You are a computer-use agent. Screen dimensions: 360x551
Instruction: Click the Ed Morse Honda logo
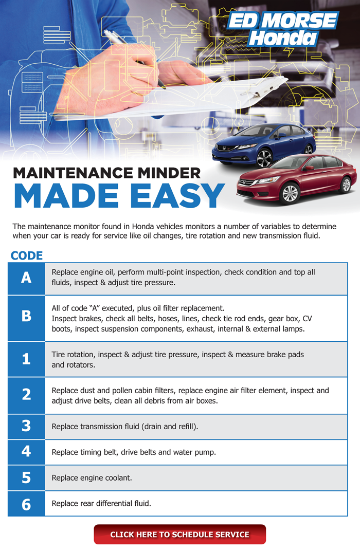pyautogui.click(x=283, y=29)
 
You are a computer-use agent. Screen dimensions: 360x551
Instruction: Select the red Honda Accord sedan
pyautogui.click(x=296, y=179)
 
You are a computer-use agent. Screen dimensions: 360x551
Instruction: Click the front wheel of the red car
pyautogui.click(x=290, y=193)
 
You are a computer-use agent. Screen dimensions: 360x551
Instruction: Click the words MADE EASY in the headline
pyautogui.click(x=119, y=196)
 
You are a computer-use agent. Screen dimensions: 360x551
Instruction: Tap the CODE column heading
pyautogui.click(x=27, y=255)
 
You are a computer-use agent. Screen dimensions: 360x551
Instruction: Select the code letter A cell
pyautogui.click(x=26, y=278)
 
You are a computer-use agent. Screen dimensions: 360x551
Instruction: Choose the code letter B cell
pyautogui.click(x=26, y=318)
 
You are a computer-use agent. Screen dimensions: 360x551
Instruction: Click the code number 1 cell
pyautogui.click(x=26, y=359)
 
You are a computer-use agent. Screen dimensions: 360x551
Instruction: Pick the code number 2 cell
pyautogui.click(x=26, y=395)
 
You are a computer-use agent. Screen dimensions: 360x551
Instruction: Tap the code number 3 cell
pyautogui.click(x=26, y=427)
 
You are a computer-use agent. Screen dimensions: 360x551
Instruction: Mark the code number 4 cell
pyautogui.click(x=26, y=452)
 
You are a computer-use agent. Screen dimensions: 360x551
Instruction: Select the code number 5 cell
pyautogui.click(x=26, y=478)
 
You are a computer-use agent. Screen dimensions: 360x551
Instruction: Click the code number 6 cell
pyautogui.click(x=26, y=504)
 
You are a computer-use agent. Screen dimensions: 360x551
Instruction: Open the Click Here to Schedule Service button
pyautogui.click(x=179, y=534)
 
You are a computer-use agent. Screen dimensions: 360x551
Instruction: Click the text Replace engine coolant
pyautogui.click(x=92, y=478)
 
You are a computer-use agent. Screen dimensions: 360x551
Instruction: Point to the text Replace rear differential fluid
pyautogui.click(x=101, y=504)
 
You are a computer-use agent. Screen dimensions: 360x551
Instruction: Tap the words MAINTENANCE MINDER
pyautogui.click(x=107, y=173)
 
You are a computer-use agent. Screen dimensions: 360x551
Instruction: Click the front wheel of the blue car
pyautogui.click(x=264, y=158)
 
